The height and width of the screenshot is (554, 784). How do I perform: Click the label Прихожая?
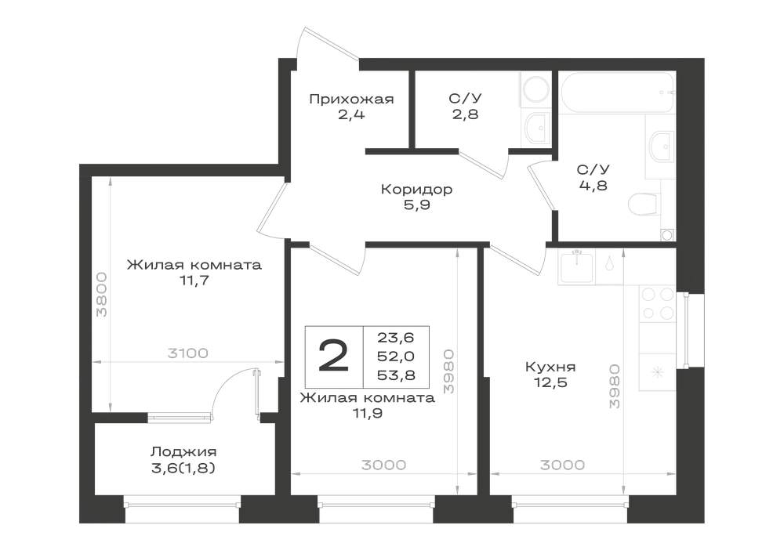[x=351, y=99]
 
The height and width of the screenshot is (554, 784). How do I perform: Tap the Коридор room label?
[x=416, y=190]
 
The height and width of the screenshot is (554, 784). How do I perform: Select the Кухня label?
[x=550, y=368]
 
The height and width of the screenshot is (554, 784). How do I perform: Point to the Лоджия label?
[x=183, y=452]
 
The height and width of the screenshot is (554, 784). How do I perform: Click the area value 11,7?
[x=194, y=281]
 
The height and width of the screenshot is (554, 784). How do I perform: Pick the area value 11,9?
[x=368, y=413]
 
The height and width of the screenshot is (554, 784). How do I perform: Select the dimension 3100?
[x=187, y=353]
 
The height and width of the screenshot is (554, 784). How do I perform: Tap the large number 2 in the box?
[x=333, y=356]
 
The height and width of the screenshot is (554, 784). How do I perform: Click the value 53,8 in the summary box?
[x=396, y=375]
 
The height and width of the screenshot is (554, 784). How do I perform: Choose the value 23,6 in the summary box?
[x=395, y=338]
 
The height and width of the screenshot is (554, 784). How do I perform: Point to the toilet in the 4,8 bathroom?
[x=643, y=205]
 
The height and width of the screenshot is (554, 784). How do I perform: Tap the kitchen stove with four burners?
[x=657, y=304]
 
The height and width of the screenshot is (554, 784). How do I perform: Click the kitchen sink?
[x=577, y=266]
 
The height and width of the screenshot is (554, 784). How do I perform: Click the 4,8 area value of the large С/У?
[x=593, y=186]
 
